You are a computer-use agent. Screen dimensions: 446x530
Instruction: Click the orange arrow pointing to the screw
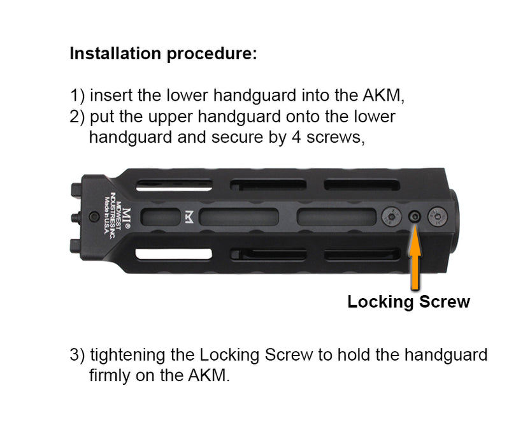pyautogui.click(x=415, y=255)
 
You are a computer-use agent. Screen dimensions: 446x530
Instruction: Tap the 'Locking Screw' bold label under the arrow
pyautogui.click(x=408, y=302)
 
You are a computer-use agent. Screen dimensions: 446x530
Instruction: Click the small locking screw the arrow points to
pyautogui.click(x=415, y=217)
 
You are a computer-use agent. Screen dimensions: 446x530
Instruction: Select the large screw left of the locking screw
pyautogui.click(x=392, y=218)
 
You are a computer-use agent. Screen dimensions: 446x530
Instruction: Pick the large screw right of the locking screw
pyautogui.click(x=438, y=218)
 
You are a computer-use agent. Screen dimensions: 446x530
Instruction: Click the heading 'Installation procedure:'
pyautogui.click(x=163, y=54)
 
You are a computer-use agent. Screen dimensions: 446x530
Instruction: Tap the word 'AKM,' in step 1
pyautogui.click(x=383, y=96)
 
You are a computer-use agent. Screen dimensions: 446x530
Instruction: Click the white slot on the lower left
pyautogui.click(x=173, y=254)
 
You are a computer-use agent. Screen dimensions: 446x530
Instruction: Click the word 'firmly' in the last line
pyautogui.click(x=108, y=375)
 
